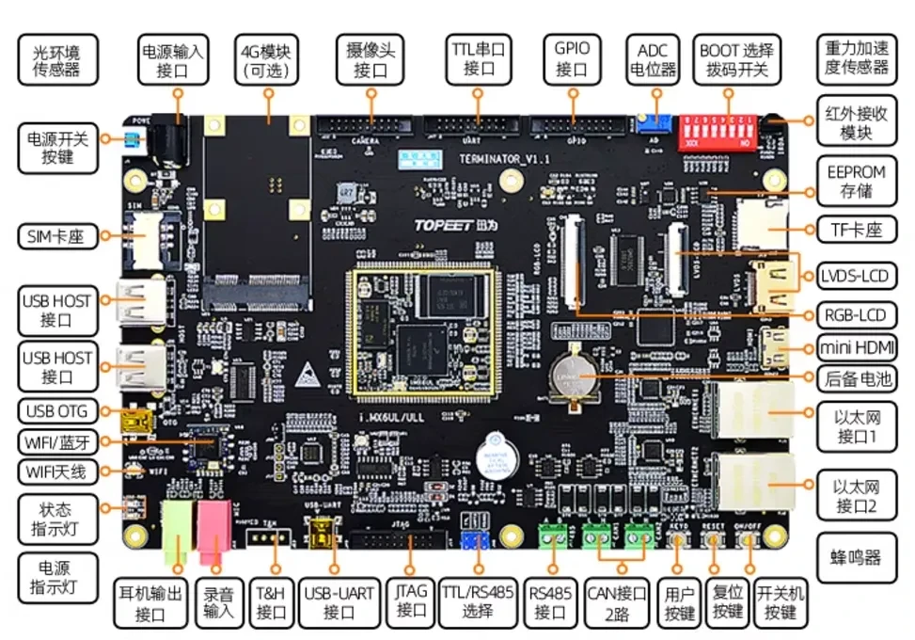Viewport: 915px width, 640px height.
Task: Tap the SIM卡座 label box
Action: coord(57,236)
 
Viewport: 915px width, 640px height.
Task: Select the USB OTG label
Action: coord(57,411)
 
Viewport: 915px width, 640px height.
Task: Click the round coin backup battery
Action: coord(576,378)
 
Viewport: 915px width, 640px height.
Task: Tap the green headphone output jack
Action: coord(178,533)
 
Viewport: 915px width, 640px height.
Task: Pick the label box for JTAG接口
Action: coord(411,600)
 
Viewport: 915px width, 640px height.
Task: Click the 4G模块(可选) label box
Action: coord(267,59)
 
